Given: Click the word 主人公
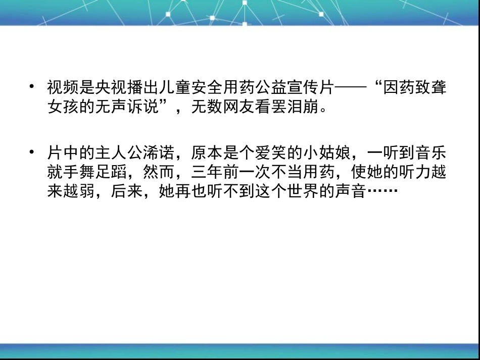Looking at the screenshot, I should tap(119, 152).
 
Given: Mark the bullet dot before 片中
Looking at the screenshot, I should tap(32, 151).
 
